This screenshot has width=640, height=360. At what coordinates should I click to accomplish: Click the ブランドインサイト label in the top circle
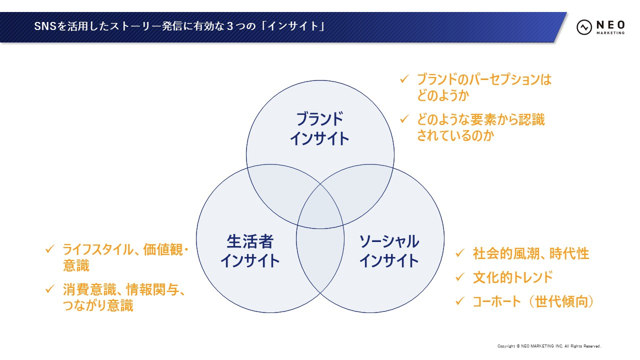coord(319,128)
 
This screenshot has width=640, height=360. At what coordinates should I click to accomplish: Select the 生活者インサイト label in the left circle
coord(250,251)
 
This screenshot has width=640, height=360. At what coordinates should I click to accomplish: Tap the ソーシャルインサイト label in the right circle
coord(389,251)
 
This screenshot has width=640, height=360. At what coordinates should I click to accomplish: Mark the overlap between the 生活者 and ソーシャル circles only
coord(320,260)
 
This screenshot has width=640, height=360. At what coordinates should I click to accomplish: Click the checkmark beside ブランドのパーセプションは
coord(404,79)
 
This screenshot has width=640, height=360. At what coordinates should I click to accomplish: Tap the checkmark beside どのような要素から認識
coord(404,119)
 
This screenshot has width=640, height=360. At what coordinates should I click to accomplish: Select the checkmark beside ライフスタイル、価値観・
coord(49,248)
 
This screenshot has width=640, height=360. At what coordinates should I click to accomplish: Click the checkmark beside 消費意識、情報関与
coord(49,289)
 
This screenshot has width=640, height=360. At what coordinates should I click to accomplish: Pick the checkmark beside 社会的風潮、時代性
coord(459,253)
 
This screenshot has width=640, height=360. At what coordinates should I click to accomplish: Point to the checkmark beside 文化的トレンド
coord(459,277)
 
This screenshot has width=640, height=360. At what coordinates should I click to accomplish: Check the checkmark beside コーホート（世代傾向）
coord(459,301)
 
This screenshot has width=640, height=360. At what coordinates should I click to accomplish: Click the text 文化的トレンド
coord(512,277)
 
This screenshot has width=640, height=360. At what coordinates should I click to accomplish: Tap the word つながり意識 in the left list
coord(98,305)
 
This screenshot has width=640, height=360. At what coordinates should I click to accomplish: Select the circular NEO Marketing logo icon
coord(584,27)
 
